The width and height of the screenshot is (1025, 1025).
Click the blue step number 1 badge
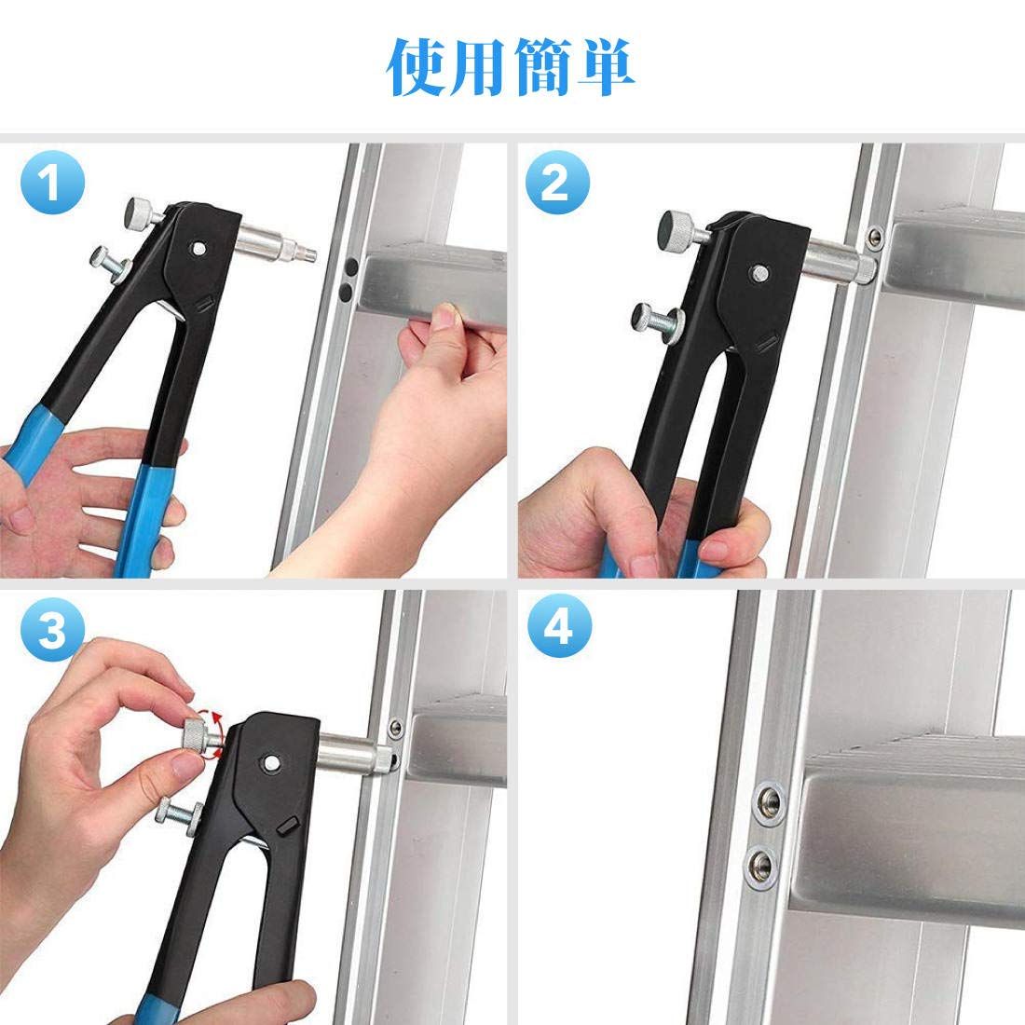tap(52, 183)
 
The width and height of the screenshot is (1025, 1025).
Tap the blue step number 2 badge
tap(557, 183)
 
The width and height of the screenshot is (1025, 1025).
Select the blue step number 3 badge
tap(52, 629)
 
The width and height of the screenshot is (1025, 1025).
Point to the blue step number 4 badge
tap(559, 626)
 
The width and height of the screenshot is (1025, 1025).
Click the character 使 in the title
tap(416, 67)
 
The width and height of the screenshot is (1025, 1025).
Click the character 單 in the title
tap(606, 67)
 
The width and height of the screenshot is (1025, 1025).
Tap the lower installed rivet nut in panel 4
tap(761, 867)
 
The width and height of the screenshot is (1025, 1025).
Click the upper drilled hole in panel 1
tap(351, 266)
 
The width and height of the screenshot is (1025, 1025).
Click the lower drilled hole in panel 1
tap(347, 292)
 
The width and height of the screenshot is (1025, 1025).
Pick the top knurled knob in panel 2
tap(680, 227)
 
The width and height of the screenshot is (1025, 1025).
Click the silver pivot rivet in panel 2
tap(758, 273)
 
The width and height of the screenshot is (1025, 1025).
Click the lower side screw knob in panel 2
tap(656, 321)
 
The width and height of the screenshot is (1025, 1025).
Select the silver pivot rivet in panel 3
tap(269, 761)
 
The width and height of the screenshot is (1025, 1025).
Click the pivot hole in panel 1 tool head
tap(198, 249)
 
